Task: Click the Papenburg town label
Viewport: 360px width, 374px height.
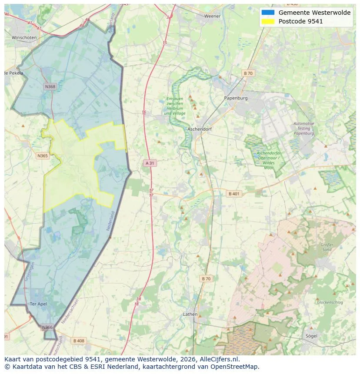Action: [236, 98]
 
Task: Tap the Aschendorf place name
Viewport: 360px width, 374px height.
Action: [200, 129]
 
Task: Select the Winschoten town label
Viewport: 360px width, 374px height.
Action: [24, 38]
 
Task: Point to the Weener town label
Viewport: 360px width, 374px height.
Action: [212, 16]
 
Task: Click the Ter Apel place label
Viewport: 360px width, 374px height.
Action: [38, 304]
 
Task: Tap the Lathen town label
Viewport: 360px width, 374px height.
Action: [190, 314]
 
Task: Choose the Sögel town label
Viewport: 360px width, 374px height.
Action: [311, 336]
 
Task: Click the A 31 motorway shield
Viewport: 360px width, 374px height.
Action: [150, 163]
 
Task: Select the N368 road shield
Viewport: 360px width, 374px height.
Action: [50, 86]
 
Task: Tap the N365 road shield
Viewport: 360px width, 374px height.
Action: [43, 156]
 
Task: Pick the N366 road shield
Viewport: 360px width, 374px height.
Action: [47, 327]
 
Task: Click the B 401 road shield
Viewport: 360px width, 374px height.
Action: [234, 194]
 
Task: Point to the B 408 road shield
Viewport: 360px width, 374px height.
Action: [79, 341]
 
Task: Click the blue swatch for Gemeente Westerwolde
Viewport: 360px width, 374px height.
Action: [268, 13]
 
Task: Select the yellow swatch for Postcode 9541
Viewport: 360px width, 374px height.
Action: [268, 21]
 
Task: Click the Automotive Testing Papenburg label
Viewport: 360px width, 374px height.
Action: [303, 129]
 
